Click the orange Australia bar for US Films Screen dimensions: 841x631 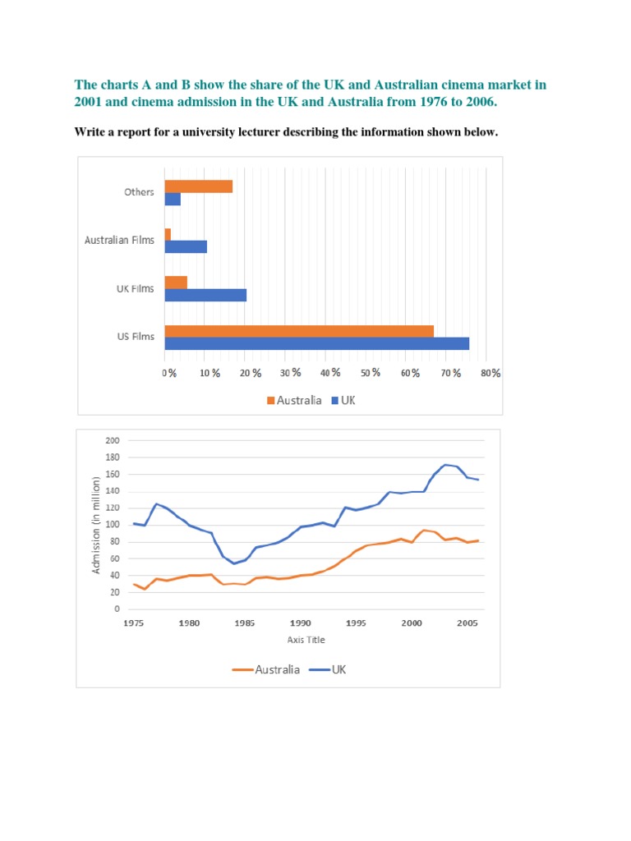tap(299, 331)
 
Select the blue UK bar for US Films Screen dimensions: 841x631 tap(316, 343)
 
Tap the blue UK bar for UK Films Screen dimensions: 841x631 tap(205, 295)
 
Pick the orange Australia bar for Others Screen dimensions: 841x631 tap(198, 186)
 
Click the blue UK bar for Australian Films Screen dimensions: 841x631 tap(186, 246)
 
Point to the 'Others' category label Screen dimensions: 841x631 tap(139, 192)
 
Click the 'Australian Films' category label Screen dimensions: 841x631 tap(119, 241)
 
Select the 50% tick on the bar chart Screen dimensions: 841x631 tap(371, 373)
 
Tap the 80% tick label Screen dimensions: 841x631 tap(491, 373)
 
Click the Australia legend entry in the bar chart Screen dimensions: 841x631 tap(293, 401)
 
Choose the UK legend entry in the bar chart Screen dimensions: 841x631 tap(343, 401)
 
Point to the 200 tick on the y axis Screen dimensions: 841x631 tap(113, 440)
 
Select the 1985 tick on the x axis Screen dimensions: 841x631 tap(245, 623)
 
